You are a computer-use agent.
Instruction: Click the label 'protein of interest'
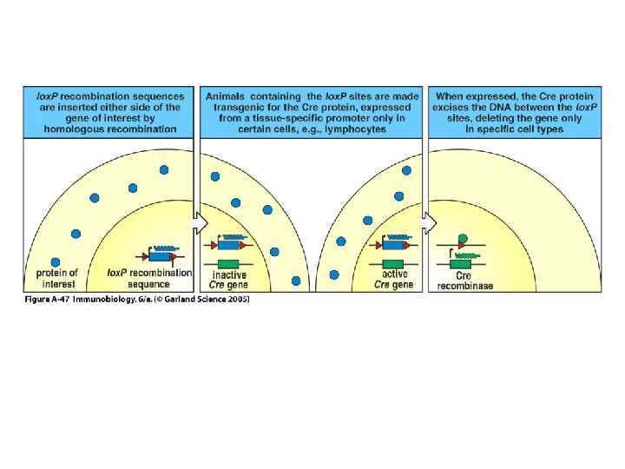point(57,278)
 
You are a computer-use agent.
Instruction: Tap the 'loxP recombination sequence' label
point(149,278)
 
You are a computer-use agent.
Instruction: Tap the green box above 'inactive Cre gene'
point(228,263)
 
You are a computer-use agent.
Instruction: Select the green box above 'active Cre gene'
point(392,263)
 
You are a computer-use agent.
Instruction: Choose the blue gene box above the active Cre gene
point(392,246)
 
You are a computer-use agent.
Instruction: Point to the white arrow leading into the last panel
point(429,224)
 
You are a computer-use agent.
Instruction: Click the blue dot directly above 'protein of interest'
point(56,261)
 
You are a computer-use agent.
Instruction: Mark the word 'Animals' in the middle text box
point(227,96)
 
